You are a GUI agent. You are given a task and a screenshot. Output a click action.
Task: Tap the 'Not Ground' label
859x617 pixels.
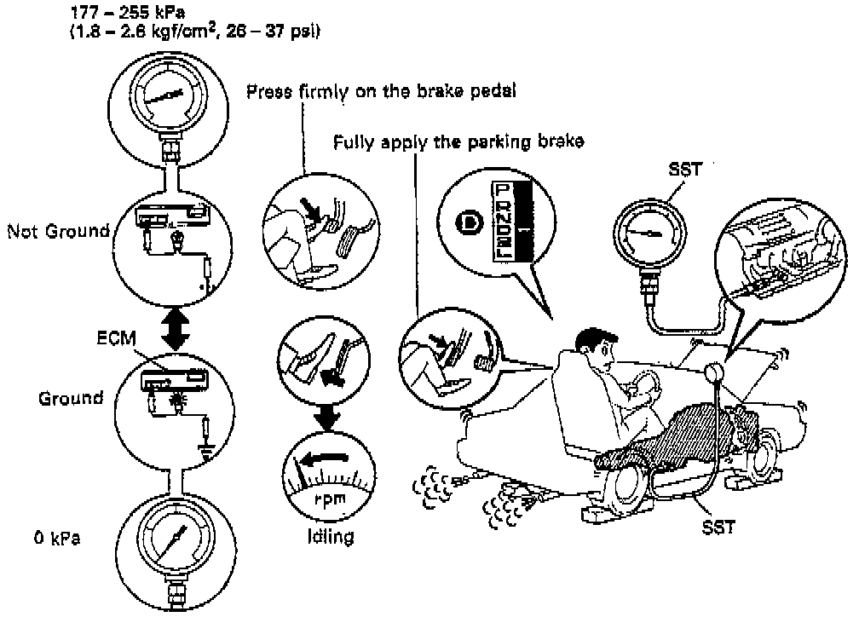point(57,230)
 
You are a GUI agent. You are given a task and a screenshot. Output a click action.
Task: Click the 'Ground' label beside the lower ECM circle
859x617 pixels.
point(71,397)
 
